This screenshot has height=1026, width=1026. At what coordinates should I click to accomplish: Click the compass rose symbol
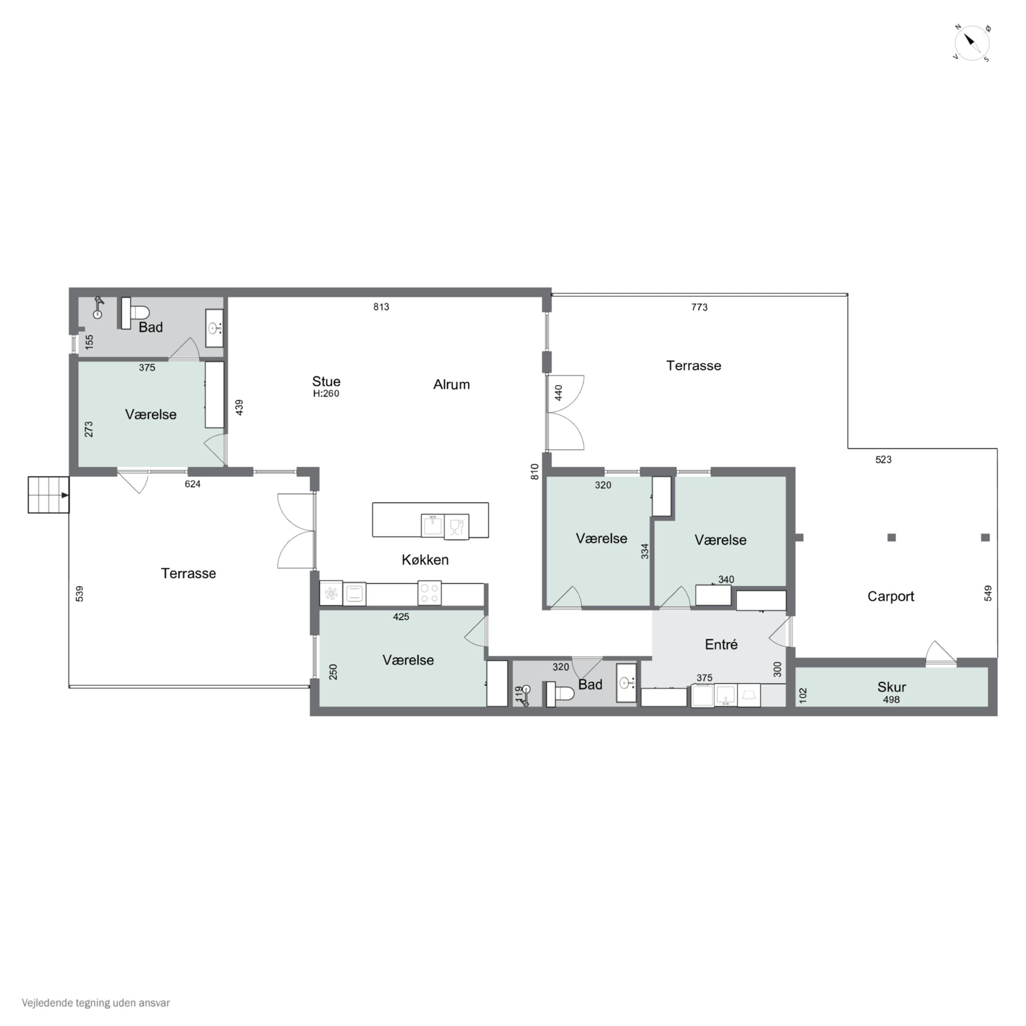[972, 42]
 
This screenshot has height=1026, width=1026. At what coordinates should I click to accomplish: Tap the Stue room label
[326, 381]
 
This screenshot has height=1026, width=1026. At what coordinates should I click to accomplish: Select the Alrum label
[451, 384]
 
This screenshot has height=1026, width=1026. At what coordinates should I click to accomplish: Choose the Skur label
[892, 687]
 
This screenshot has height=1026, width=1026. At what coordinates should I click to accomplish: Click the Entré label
[721, 644]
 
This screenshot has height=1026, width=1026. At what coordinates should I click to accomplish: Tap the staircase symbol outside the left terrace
[48, 495]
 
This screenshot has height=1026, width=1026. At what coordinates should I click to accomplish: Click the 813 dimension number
[381, 307]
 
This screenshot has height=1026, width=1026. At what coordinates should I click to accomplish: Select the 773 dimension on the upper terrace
[699, 307]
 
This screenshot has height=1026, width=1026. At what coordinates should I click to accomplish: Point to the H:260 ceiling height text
[326, 394]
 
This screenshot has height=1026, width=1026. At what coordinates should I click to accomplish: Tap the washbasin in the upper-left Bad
[214, 328]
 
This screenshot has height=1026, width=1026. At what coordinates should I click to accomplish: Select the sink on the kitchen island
[433, 526]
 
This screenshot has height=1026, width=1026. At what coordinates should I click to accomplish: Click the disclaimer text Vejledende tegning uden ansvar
[96, 1003]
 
